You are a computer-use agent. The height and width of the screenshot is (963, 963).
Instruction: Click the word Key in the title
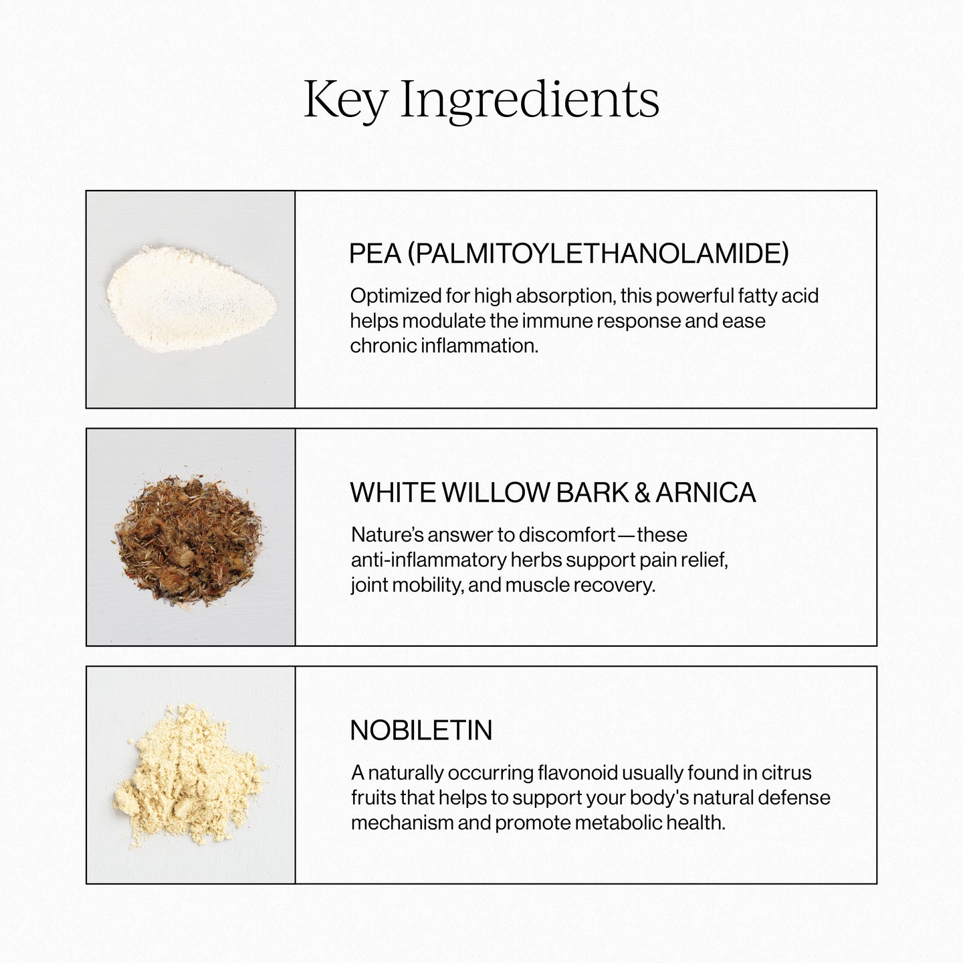pos(345,100)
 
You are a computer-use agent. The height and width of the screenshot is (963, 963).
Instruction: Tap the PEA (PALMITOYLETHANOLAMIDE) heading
pos(568,254)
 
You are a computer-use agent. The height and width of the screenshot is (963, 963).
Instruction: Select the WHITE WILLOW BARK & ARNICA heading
pos(552,493)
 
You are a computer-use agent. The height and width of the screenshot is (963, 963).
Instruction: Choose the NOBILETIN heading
pos(421,730)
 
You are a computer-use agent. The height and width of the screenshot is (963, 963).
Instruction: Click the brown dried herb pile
pos(191,538)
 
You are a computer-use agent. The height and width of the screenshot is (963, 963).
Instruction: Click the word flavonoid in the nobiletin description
pos(578,773)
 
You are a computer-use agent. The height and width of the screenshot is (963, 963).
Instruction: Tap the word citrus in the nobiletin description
pos(787,773)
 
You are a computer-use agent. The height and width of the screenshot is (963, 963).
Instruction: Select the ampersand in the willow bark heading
pos(642,493)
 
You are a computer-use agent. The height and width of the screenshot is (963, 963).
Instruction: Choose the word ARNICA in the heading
pos(706,493)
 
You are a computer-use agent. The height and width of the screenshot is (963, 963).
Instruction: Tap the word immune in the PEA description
pos(558,321)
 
